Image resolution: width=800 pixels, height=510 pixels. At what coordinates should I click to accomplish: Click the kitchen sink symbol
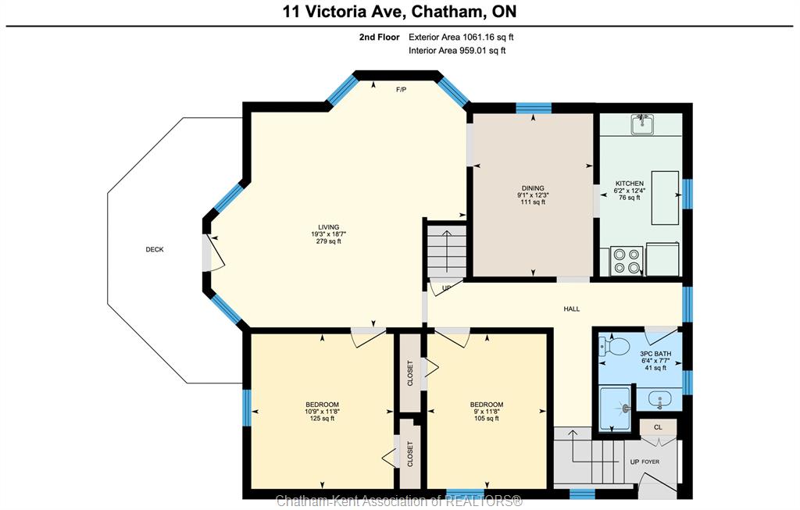point(642,124)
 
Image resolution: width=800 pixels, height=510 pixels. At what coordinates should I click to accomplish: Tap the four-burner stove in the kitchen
point(627,261)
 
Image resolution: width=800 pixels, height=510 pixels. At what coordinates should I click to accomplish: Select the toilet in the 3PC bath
point(614,348)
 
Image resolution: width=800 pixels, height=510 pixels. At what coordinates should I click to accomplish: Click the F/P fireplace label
point(402,90)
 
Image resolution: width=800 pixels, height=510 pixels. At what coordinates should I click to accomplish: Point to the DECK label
point(155,249)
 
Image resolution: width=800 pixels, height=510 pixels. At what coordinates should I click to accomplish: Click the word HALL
point(571,308)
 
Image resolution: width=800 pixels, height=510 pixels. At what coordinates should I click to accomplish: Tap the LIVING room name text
point(329,227)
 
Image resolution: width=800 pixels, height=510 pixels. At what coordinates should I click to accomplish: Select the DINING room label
point(533,188)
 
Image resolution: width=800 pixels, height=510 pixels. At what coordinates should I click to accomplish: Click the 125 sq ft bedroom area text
point(322,418)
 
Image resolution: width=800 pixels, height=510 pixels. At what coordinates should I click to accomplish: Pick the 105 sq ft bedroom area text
point(486,418)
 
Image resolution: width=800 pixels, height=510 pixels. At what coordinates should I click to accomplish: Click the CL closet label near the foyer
point(658,427)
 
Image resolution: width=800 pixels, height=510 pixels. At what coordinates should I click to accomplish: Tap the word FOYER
point(651,462)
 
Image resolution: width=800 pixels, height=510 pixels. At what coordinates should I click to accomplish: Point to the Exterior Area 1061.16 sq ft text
point(461,37)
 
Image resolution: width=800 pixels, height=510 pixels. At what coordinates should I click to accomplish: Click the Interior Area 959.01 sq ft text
point(457,51)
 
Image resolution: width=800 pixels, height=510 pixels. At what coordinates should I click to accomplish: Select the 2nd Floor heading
point(379,37)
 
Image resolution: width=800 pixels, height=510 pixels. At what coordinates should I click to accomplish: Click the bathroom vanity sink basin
point(659,399)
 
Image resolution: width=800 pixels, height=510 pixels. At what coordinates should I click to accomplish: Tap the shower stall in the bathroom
point(616,408)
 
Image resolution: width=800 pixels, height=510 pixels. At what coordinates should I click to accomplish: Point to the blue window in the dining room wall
point(534,108)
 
